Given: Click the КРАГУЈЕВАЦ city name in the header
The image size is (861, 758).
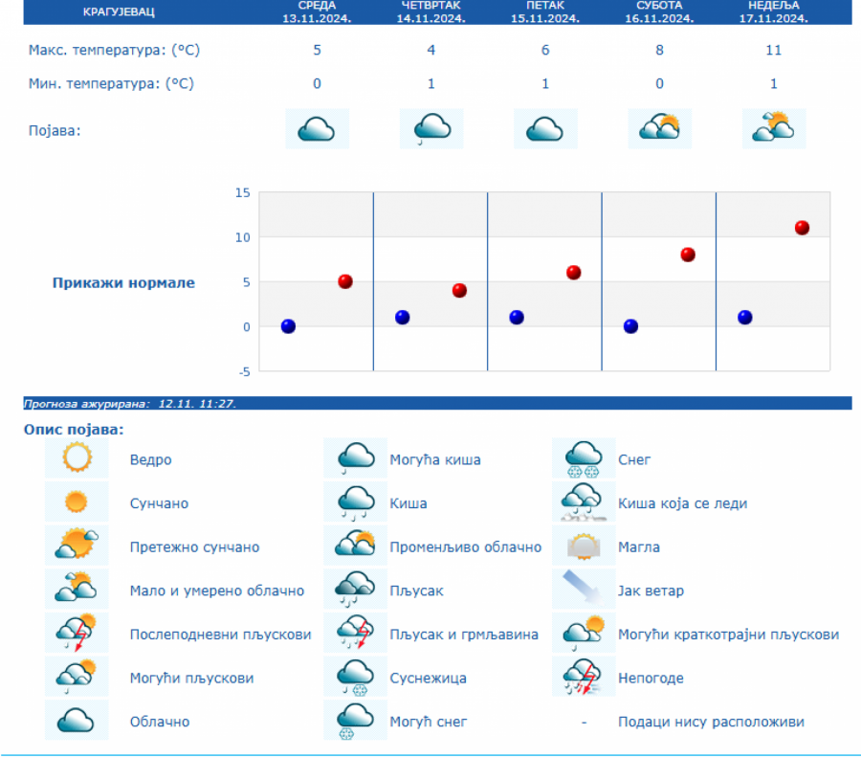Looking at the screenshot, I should click(118, 11).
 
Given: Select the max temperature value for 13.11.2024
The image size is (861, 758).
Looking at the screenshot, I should click(317, 50).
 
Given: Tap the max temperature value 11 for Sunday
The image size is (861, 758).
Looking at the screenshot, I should click(773, 50).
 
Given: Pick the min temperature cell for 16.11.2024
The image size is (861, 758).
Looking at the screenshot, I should click(659, 83).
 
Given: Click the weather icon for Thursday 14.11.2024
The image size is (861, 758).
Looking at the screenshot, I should click(431, 128).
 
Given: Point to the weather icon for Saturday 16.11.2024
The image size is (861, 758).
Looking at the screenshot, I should click(659, 128).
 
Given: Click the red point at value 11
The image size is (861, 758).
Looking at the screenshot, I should click(802, 228).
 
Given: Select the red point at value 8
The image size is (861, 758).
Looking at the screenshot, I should click(688, 255).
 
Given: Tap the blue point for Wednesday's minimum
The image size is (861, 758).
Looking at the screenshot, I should click(288, 326).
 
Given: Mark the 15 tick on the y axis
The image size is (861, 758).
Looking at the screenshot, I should click(242, 192).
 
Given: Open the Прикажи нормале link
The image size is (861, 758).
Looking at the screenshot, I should click(123, 282).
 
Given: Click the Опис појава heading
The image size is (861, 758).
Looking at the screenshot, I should click(74, 430).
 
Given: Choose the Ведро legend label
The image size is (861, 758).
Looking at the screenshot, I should click(151, 460).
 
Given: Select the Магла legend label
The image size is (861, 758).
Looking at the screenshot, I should click(639, 547).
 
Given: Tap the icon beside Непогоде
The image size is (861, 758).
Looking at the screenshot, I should click(583, 678).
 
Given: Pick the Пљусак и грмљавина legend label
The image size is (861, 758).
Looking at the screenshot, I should click(464, 635).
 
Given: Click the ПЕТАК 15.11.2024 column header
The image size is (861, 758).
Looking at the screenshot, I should click(545, 11).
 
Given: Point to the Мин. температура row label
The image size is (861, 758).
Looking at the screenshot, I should click(111, 83).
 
